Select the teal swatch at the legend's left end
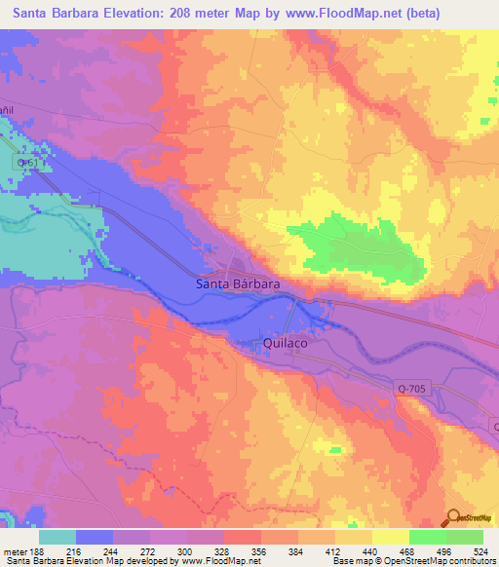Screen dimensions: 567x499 (57, 537)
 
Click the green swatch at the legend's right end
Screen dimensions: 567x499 (465, 537)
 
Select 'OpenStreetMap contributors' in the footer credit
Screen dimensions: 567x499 (435, 561)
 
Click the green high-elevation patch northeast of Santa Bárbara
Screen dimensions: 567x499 (361, 245)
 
